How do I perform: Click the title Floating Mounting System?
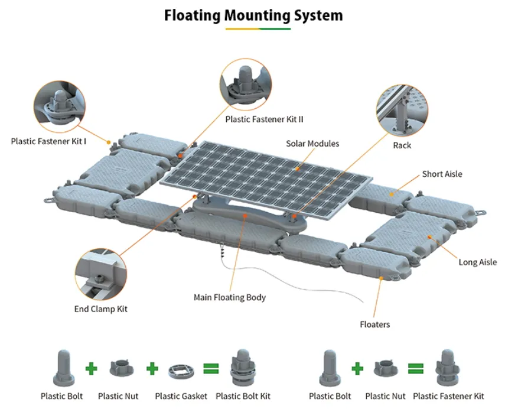pos(253,15)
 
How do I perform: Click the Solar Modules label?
pos(312,144)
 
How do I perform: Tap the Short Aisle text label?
pos(442,174)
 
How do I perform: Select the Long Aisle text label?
pos(477,262)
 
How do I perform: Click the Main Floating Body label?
pos(230,297)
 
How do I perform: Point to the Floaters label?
pos(374,324)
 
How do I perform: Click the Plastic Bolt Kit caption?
pos(243,396)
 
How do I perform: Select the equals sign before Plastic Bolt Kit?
pos(211,369)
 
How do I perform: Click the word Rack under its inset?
pos(402,145)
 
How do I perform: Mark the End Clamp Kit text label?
pos(100,309)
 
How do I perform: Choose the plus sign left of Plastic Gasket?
pos(152,369)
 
